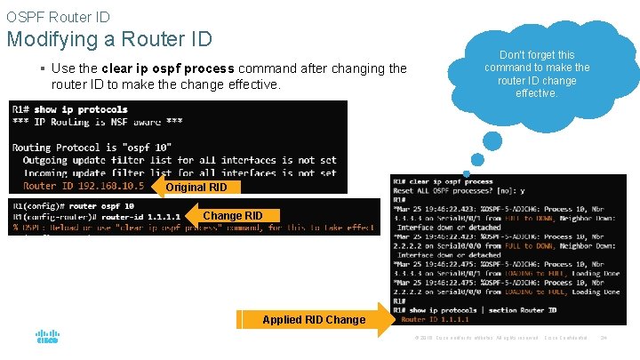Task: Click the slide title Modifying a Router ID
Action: (109, 39)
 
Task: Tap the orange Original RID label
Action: (196, 187)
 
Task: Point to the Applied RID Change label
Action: (314, 319)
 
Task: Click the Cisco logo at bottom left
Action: (47, 336)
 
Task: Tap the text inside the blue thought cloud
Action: (536, 74)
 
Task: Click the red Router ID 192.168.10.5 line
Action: (83, 186)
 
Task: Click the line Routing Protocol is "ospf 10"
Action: (91, 147)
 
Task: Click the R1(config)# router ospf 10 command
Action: (73, 204)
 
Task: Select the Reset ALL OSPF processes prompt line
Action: (459, 191)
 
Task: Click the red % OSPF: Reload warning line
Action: (191, 228)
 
